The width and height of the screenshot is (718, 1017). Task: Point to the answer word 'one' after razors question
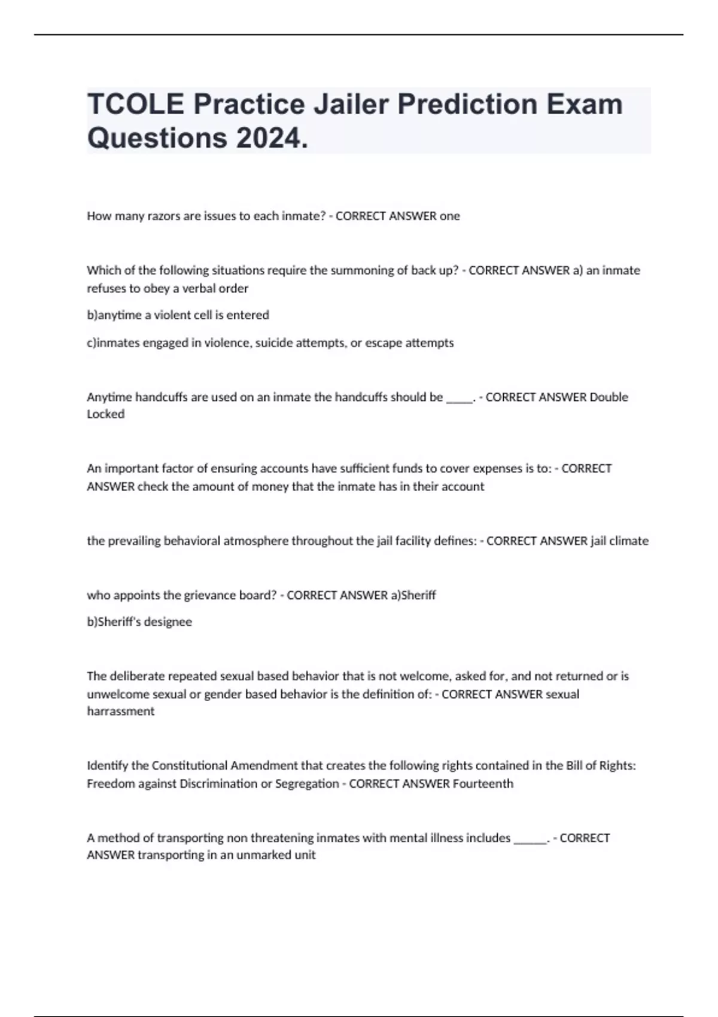(x=450, y=216)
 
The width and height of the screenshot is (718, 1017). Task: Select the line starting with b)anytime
(x=178, y=315)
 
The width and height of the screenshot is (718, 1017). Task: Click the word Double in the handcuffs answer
(x=609, y=397)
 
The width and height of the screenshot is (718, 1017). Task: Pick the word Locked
(x=106, y=415)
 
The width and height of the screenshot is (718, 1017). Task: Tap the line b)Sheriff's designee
(x=139, y=622)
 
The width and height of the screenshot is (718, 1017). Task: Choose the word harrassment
(x=121, y=711)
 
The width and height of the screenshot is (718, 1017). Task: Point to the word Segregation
(x=307, y=784)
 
